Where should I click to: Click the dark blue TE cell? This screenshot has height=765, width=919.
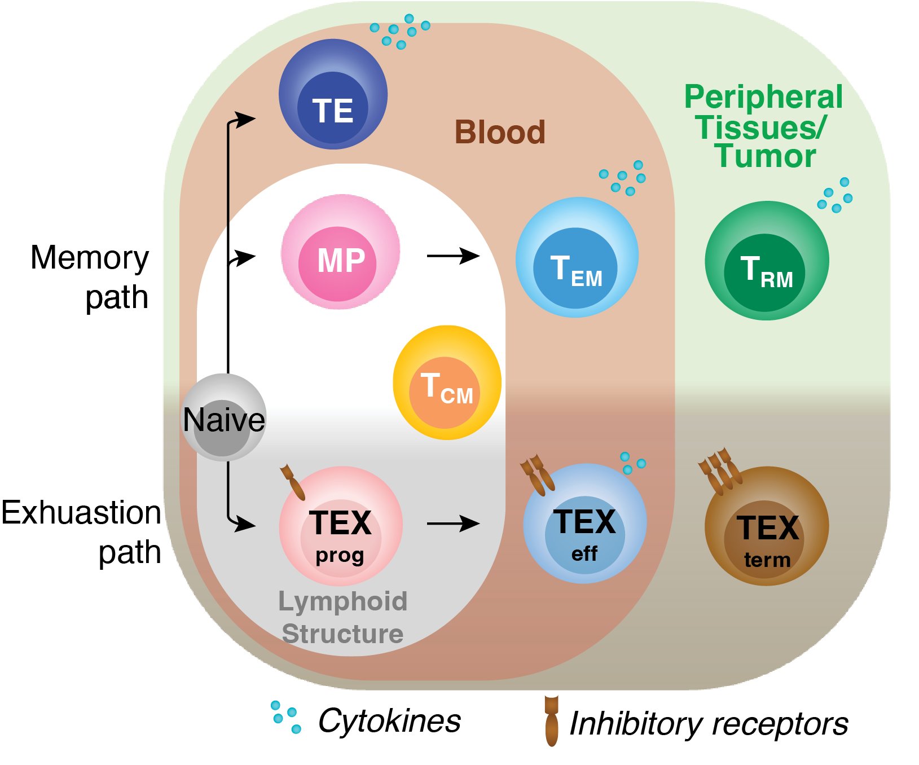tap(333, 94)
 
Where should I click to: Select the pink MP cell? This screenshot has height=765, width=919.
tap(340, 252)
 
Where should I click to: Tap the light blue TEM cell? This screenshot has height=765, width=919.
tap(577, 257)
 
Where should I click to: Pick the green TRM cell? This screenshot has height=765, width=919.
tap(767, 261)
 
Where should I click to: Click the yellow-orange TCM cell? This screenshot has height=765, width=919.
tap(447, 383)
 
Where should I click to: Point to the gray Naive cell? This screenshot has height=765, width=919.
tap(224, 417)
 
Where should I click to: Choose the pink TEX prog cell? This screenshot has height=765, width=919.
tap(341, 526)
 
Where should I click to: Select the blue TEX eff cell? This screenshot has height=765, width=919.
tap(585, 524)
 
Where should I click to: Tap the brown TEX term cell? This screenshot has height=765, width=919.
tap(767, 526)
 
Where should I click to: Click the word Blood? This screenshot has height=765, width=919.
tap(500, 132)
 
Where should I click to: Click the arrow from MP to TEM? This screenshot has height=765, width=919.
tap(453, 256)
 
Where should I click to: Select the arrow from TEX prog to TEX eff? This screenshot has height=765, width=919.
tap(453, 524)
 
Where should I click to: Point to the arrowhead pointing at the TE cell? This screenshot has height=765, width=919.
tap(246, 119)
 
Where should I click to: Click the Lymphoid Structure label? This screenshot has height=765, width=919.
tap(342, 618)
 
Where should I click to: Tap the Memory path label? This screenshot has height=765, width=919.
tap(90, 277)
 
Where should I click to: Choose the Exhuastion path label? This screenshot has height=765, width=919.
tap(82, 532)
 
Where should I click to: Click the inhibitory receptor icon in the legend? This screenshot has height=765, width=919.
tap(551, 721)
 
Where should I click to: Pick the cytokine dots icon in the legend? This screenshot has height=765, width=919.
tap(285, 717)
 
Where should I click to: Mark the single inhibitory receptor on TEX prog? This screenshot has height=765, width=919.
tap(292, 482)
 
